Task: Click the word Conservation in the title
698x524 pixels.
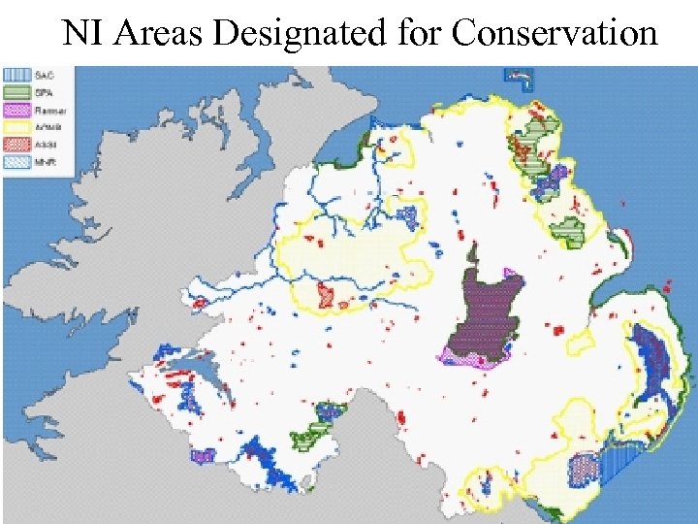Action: pos(555,34)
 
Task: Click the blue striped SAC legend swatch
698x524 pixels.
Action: pos(16,75)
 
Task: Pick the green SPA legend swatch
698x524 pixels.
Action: pos(16,90)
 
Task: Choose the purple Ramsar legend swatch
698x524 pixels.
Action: pos(16,107)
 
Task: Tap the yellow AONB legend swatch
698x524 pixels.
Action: pos(16,122)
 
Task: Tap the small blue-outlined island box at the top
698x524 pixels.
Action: pos(520,76)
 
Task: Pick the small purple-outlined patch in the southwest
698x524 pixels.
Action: pos(203,454)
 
